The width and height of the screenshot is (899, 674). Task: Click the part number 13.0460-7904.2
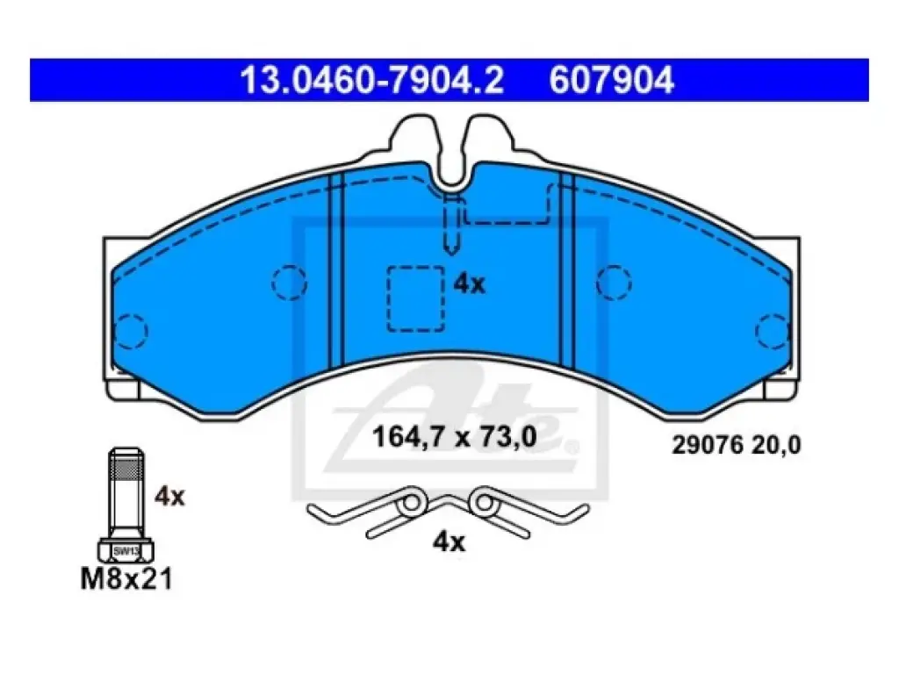coord(371,80)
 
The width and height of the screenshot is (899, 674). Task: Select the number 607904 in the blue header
coord(611,80)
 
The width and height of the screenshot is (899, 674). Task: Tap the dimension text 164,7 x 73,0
coord(454,437)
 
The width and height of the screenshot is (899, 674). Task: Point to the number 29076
coord(708,445)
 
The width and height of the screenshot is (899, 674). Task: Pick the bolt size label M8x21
coord(126,579)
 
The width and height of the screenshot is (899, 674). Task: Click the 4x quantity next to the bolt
coord(169,497)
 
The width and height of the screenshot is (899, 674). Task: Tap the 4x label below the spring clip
coord(449,541)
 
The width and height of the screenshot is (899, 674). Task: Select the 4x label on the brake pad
coord(469,283)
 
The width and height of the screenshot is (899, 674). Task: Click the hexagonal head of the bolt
coord(126,550)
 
